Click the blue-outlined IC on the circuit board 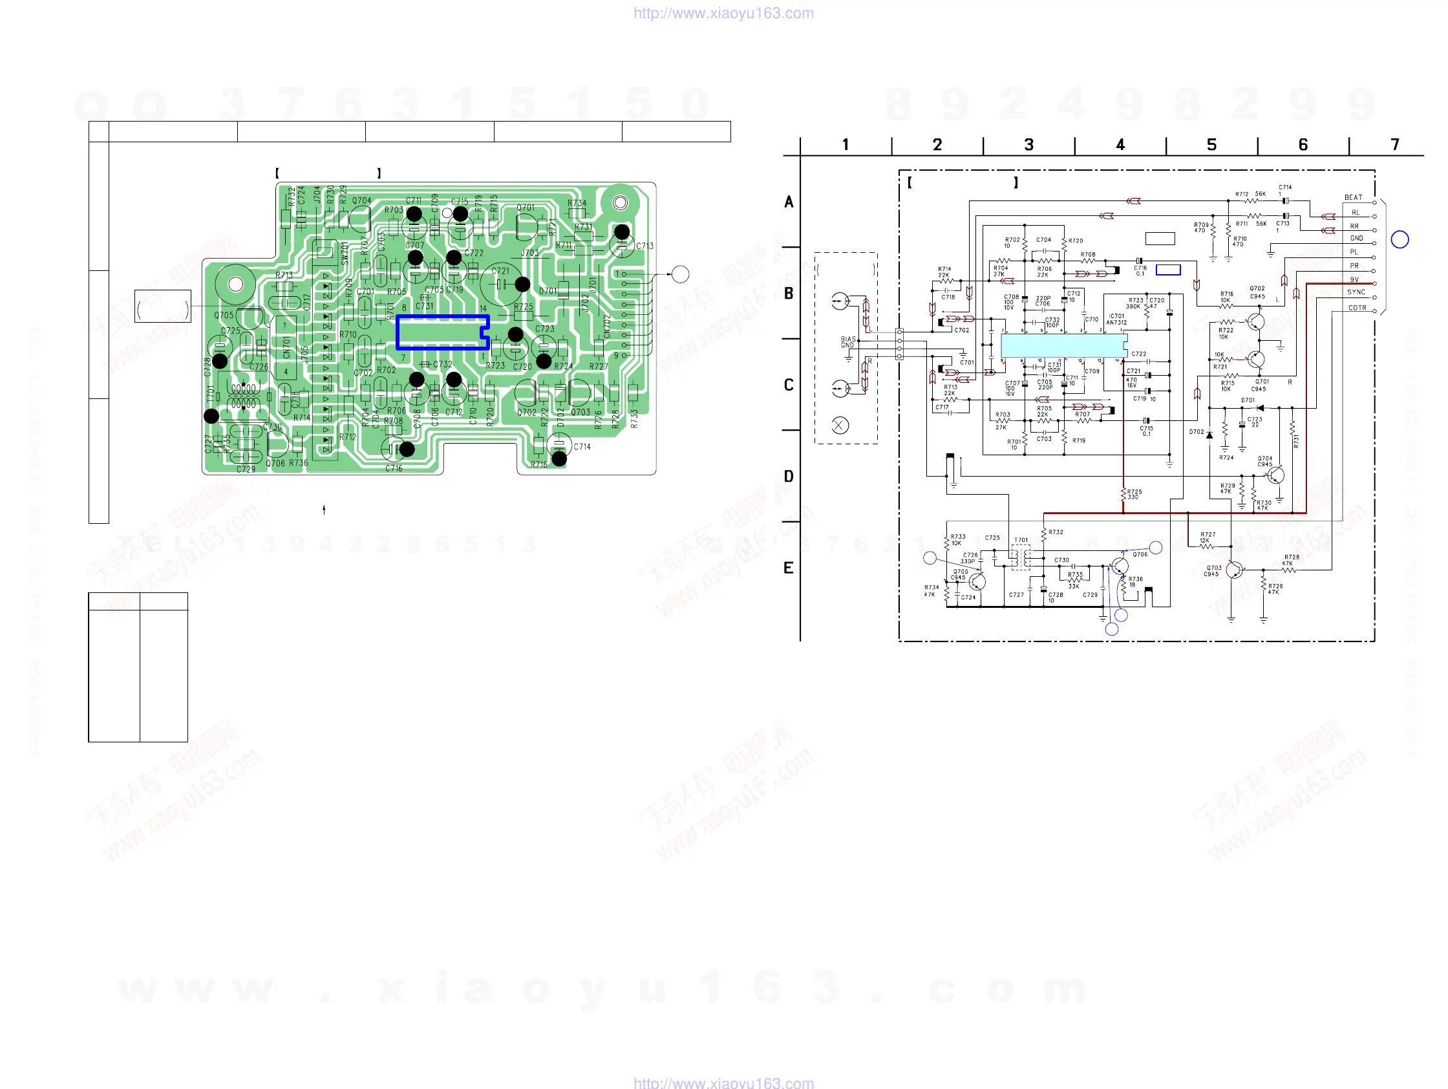(443, 332)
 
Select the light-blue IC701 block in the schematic (1064, 345)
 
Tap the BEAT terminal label (1353, 197)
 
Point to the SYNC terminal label (1356, 292)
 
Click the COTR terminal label (1357, 308)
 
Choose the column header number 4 (1120, 145)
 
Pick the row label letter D (789, 477)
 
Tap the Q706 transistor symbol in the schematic (1119, 567)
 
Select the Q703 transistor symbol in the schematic (1234, 570)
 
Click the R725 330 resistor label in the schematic (1134, 494)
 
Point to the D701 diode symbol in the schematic (1259, 408)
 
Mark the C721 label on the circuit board (500, 270)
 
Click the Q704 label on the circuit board (361, 201)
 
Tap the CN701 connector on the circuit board (286, 347)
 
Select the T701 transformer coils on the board (244, 396)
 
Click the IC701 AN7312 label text (1116, 319)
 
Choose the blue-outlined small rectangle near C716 (1168, 270)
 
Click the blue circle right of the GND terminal (1400, 240)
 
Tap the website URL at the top (723, 13)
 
